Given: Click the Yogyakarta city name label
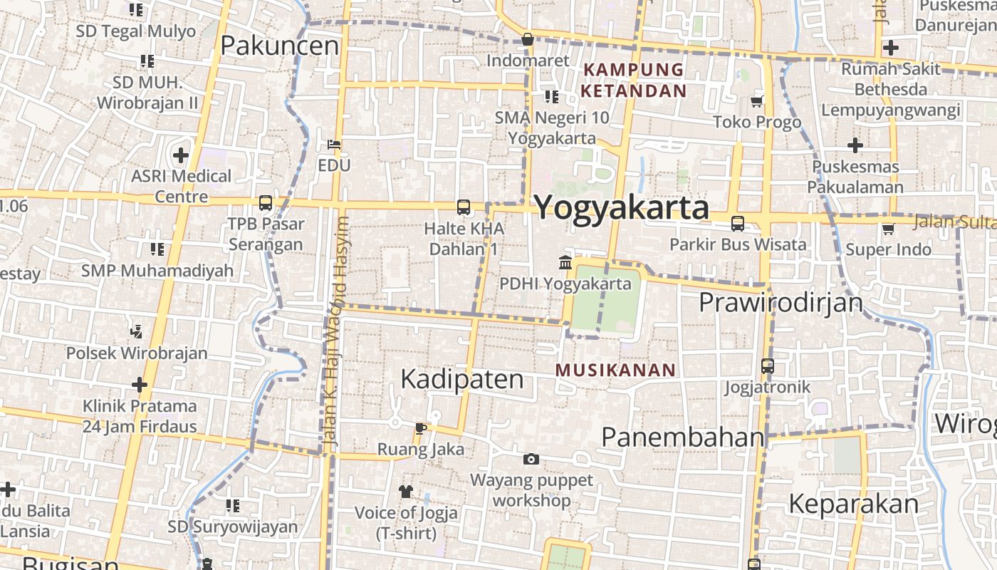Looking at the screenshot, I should click(x=622, y=207).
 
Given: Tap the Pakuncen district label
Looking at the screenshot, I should click(x=279, y=46).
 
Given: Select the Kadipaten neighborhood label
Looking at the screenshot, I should click(x=462, y=378).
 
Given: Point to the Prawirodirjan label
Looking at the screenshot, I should click(x=781, y=302).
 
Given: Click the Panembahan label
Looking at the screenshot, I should click(x=683, y=437).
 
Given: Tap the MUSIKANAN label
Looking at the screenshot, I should click(x=615, y=370).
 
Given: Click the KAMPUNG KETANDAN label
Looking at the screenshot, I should click(x=633, y=80).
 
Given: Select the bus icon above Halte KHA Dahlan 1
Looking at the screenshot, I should click(x=464, y=207).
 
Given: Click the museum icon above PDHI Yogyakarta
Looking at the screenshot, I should click(x=565, y=262).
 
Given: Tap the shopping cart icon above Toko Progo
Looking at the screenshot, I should click(x=757, y=101).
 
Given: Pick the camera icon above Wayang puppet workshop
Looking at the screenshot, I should click(x=531, y=459).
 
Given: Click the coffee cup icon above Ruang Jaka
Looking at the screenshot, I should click(x=420, y=428).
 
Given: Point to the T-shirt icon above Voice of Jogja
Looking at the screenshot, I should click(x=406, y=491).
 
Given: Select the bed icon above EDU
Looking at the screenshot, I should click(x=334, y=145).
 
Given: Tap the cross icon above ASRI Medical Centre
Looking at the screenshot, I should click(x=181, y=155).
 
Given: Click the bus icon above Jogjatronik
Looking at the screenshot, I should click(x=768, y=366).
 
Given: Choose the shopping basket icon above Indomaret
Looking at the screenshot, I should click(x=528, y=39).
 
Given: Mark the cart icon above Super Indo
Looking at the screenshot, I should click(x=888, y=229).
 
